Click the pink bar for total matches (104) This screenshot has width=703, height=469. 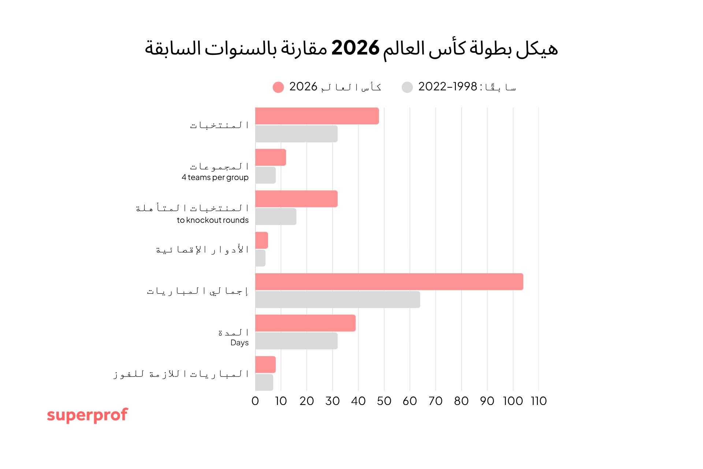[x=389, y=282]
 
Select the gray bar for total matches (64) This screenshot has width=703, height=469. [x=337, y=300]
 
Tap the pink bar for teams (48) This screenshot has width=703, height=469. [x=317, y=116]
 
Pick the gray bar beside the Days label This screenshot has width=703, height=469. [x=296, y=341]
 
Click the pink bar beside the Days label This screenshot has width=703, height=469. [x=305, y=323]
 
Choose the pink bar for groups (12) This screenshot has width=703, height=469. [x=270, y=157]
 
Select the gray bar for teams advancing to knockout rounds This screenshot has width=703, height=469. [x=275, y=217]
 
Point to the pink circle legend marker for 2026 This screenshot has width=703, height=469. [x=278, y=87]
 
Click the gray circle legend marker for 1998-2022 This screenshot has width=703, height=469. [x=407, y=87]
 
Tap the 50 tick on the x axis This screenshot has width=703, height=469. [x=384, y=401]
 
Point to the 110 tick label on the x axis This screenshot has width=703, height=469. [x=539, y=401]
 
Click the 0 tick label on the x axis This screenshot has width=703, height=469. [x=255, y=401]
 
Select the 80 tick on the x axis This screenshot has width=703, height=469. [x=461, y=401]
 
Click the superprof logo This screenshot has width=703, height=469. [x=87, y=415]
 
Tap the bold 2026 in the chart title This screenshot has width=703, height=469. [x=355, y=48]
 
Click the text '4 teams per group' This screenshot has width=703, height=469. [x=215, y=177]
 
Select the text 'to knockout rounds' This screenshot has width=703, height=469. [x=212, y=220]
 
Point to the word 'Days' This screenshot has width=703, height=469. [x=239, y=343]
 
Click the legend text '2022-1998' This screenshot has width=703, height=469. [x=447, y=87]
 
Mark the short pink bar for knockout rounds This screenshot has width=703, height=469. [x=261, y=240]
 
